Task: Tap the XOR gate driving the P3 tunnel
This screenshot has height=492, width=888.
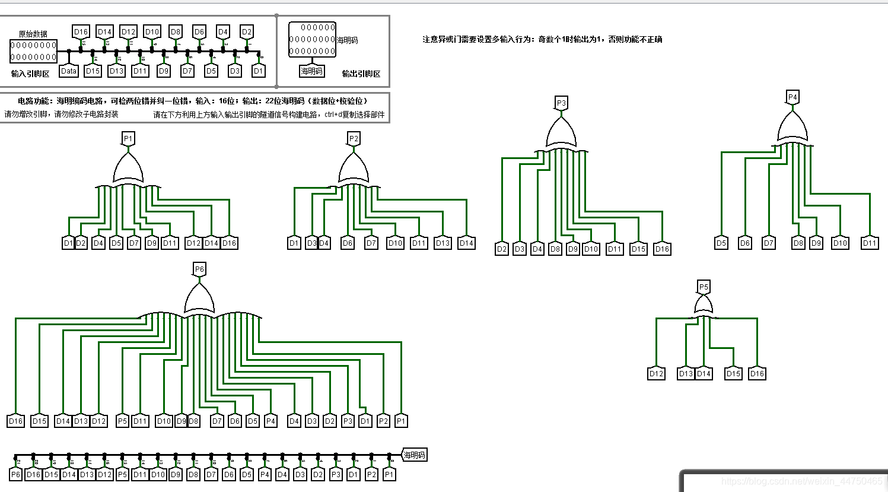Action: click(x=561, y=134)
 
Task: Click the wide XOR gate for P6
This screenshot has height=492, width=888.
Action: click(x=199, y=299)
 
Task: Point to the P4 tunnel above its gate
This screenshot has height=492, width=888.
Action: click(x=792, y=97)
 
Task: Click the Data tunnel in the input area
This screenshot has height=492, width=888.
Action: click(x=69, y=71)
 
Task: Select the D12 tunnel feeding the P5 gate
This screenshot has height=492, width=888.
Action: click(x=656, y=373)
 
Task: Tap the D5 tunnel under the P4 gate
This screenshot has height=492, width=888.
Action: click(x=721, y=243)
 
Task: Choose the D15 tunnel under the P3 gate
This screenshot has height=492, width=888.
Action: click(x=638, y=249)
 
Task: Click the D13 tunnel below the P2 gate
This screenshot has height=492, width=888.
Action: click(x=443, y=243)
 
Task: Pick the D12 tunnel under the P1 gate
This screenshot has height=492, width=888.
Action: click(x=193, y=243)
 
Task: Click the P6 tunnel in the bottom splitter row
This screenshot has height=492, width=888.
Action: click(x=15, y=474)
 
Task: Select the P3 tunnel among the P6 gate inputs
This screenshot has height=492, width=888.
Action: click(x=348, y=421)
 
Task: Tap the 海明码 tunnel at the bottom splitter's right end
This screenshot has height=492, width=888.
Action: click(x=414, y=455)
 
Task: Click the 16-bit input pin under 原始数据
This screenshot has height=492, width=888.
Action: click(x=33, y=51)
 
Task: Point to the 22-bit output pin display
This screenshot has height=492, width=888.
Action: click(x=312, y=39)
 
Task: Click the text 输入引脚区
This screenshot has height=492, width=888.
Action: click(x=30, y=74)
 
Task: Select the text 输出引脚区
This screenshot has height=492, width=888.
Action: click(x=361, y=74)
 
